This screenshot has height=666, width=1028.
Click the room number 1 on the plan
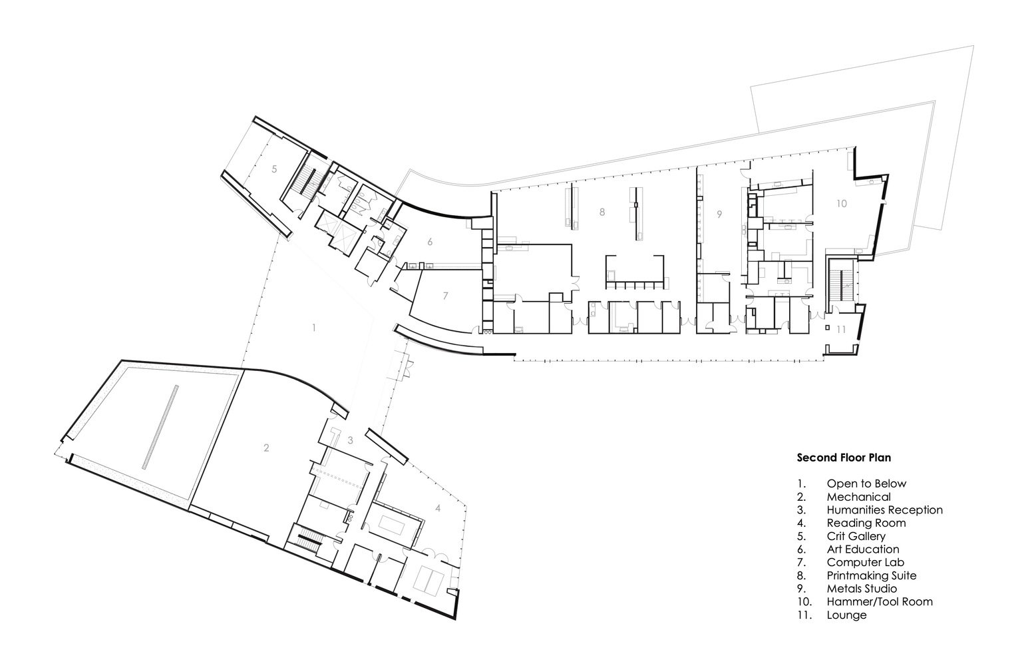pos(314,328)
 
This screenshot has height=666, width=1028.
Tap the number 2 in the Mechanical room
pos(266,448)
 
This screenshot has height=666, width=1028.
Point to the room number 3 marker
pos(350,440)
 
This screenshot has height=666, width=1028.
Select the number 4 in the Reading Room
pos(438,508)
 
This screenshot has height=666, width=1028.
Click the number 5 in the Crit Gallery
pos(274,169)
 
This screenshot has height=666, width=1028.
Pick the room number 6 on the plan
pos(430,242)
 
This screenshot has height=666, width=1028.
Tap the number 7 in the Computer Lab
pos(445,296)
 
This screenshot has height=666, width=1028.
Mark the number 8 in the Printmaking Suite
pos(602,212)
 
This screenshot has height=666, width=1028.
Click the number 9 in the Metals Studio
pos(719,214)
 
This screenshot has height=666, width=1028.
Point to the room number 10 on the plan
pos(841,203)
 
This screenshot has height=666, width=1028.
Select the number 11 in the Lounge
pos(841,329)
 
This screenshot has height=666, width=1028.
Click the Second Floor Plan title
pos(844,458)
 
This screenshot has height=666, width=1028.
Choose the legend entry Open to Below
pos(866,484)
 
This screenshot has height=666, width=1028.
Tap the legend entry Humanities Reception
pos(885,510)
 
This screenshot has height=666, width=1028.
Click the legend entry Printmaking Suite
pos(872,575)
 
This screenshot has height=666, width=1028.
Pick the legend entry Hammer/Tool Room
pos(880,601)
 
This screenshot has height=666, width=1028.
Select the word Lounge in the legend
pos(847,615)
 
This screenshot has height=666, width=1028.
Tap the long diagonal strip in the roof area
pos(160,427)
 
